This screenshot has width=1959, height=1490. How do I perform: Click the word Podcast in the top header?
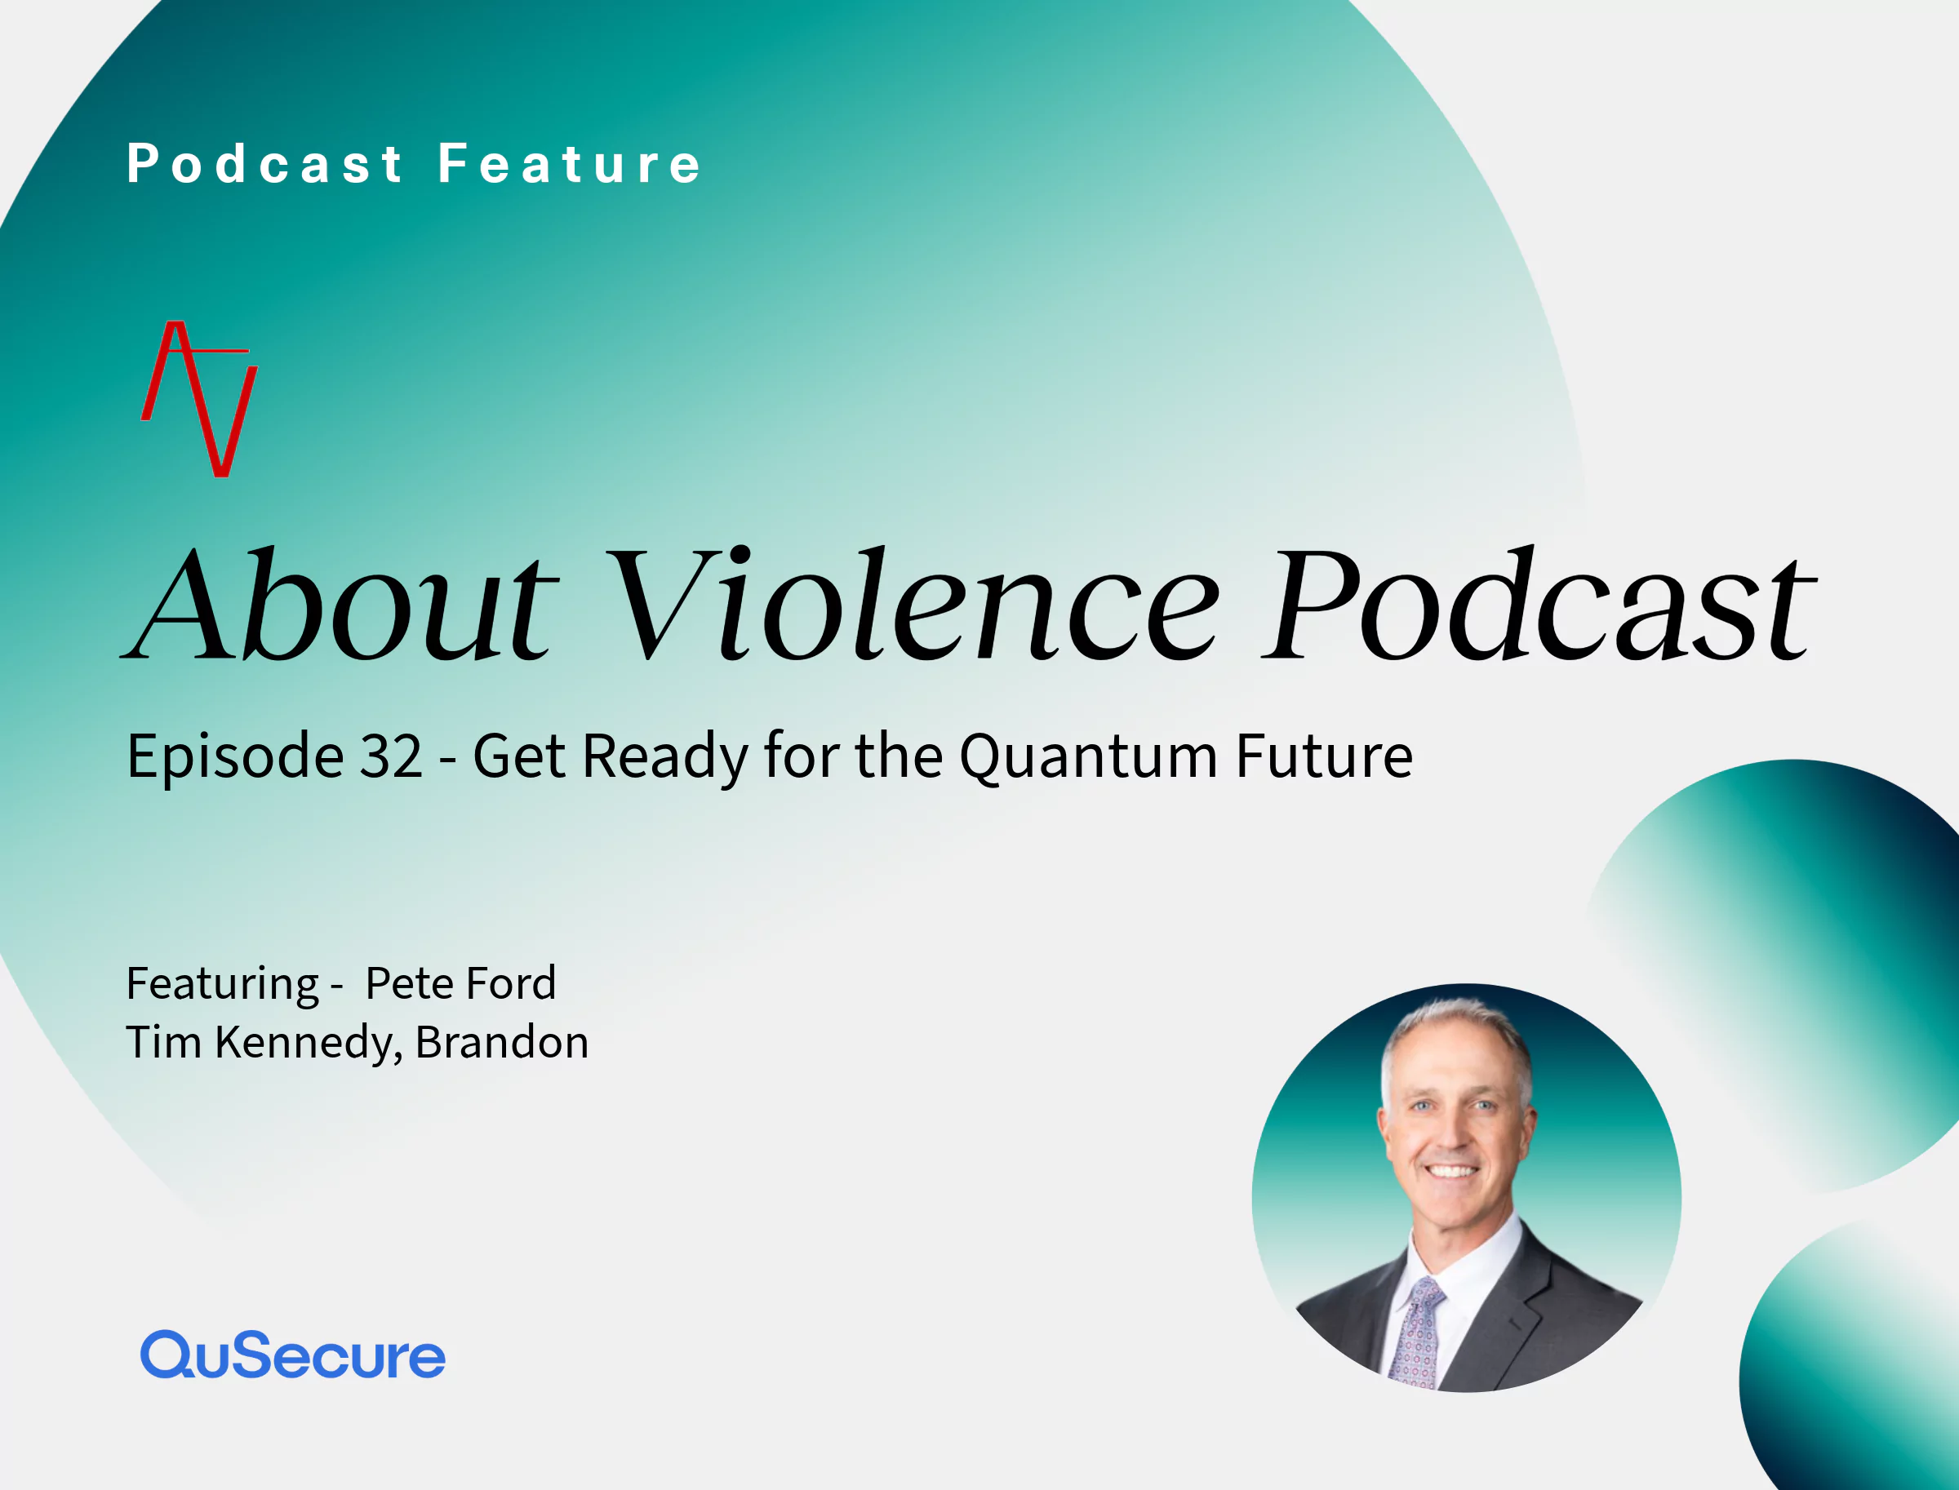tap(264, 164)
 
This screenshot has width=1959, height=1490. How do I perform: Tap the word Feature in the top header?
tap(570, 164)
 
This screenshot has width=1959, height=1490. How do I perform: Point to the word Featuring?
tap(223, 984)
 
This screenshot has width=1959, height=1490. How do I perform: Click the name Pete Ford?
tap(460, 982)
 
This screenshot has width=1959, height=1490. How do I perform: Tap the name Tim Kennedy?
tap(264, 1043)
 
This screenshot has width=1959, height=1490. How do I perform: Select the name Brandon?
tap(501, 1041)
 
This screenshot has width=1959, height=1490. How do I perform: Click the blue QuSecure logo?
tap(293, 1355)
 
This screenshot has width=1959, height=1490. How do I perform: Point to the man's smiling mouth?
tap(1451, 1171)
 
